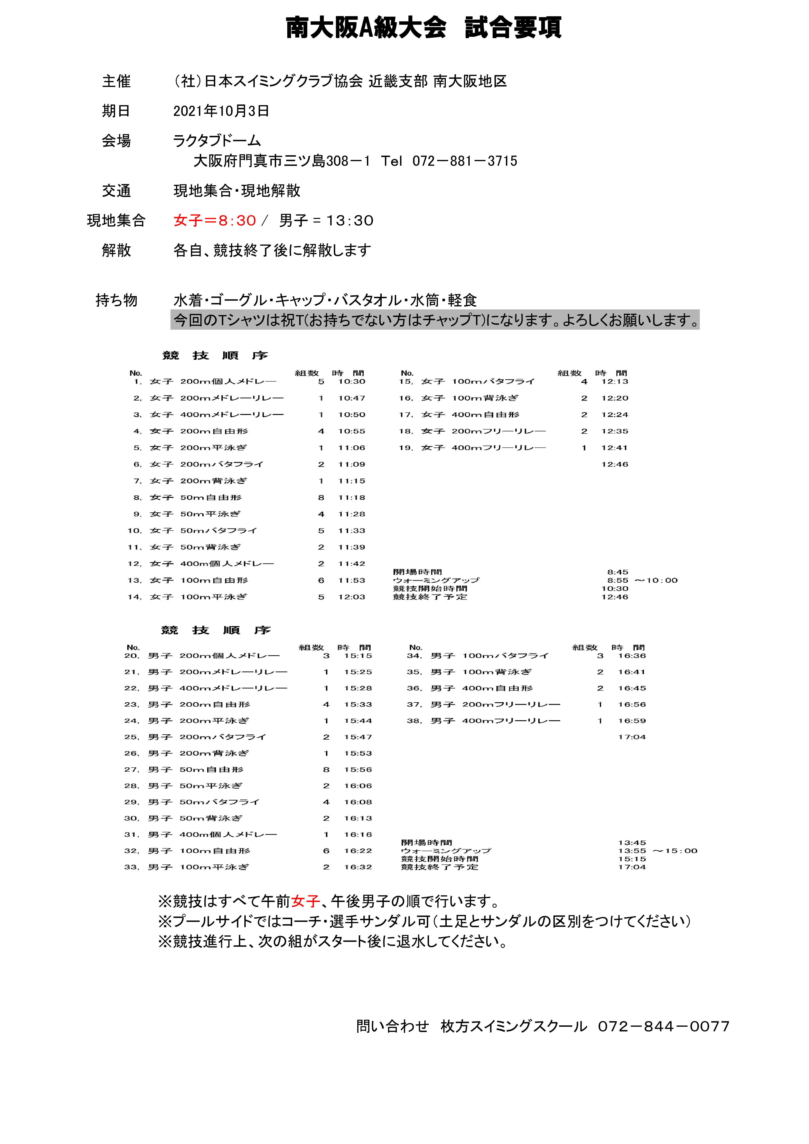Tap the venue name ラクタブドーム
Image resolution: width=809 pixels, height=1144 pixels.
[x=217, y=140]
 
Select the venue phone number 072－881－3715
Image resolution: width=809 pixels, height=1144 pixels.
[x=465, y=161]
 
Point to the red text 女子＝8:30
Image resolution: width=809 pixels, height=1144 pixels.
[x=214, y=220]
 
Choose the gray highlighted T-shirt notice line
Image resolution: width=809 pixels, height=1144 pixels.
[x=435, y=320]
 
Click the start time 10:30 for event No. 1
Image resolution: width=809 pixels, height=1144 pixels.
[x=351, y=381]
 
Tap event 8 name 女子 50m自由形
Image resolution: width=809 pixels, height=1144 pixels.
[x=196, y=497]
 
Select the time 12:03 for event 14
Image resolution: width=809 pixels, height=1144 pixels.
[x=351, y=596]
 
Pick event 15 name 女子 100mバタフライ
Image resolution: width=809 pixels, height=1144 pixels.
[x=478, y=381]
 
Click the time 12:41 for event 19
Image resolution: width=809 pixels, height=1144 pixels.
[x=614, y=447]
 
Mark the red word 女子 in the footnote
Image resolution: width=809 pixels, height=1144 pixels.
[x=305, y=901]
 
